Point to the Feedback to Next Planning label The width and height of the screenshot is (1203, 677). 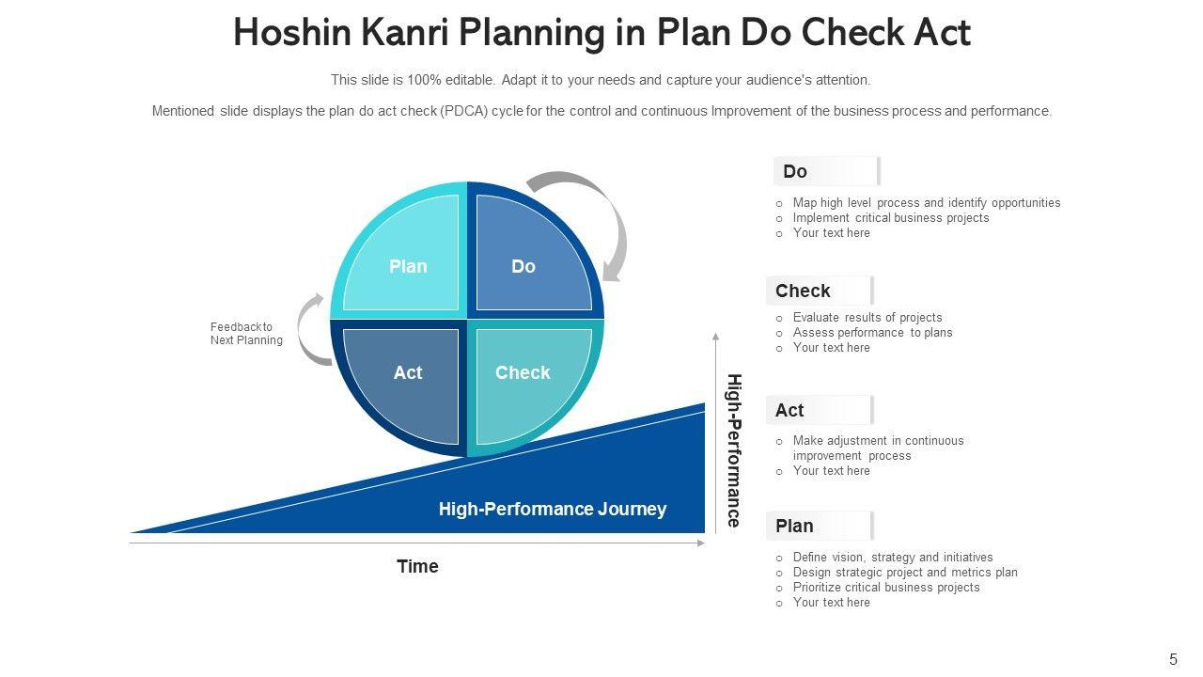pos(245,334)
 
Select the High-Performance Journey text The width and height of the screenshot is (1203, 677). pos(552,509)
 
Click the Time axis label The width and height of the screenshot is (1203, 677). pos(417,566)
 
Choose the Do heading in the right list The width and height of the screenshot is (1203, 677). pos(795,171)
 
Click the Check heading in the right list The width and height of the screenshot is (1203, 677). pos(803,291)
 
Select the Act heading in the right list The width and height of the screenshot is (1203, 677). pos(789,410)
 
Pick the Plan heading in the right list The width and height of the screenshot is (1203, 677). pos(794,526)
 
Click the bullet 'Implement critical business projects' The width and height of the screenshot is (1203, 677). pos(890,218)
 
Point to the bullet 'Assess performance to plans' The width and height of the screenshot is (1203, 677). pos(872,333)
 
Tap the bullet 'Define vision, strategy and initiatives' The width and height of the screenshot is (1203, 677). pos(892,558)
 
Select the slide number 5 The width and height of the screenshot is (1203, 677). pos(1173,659)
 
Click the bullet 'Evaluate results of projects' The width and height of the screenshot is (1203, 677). pos(867,318)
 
